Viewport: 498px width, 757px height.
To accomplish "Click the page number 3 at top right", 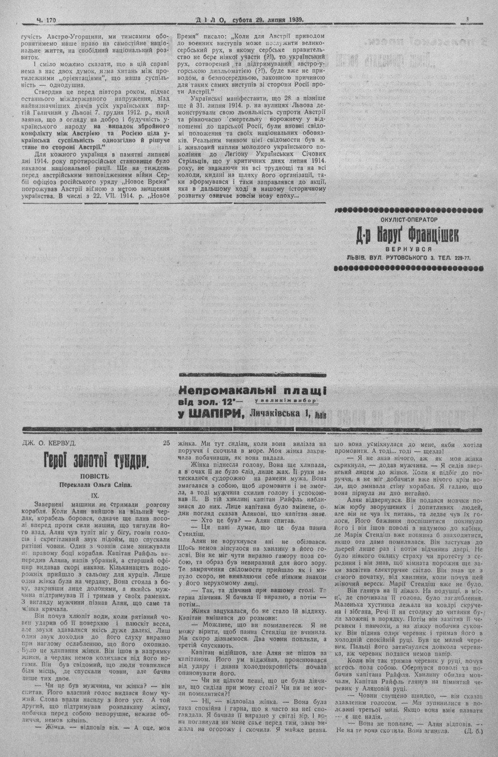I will point(469,6).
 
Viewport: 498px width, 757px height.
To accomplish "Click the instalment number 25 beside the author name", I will point(166,442).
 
